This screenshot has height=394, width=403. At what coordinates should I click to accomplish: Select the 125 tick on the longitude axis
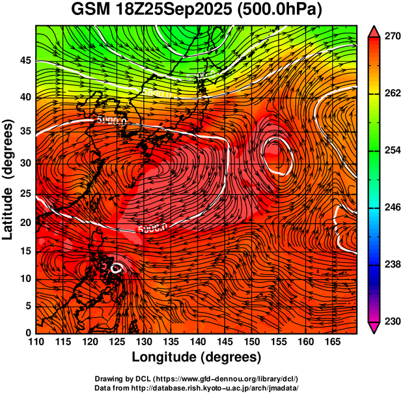[x=117, y=341]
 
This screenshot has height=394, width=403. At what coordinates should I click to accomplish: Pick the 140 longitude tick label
[x=197, y=341]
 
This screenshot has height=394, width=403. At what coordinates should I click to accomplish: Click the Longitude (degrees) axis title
[x=197, y=357]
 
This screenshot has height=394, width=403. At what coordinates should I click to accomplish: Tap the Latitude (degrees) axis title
[x=8, y=179]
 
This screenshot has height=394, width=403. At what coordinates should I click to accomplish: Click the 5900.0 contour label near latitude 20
[x=152, y=228]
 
